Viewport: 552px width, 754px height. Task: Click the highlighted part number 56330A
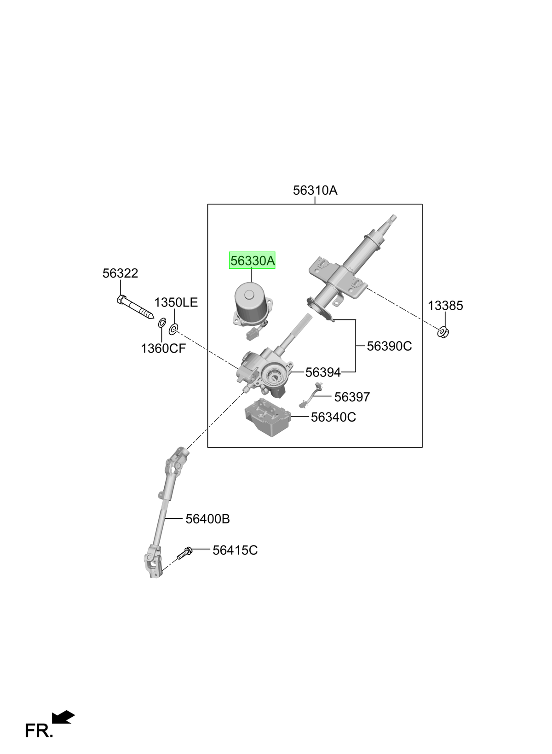pyautogui.click(x=252, y=261)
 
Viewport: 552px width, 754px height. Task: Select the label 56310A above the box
pyautogui.click(x=315, y=191)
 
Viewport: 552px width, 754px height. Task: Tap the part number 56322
pyautogui.click(x=120, y=273)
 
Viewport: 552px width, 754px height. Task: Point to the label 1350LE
pyautogui.click(x=176, y=302)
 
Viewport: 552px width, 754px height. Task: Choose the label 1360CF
pyautogui.click(x=163, y=348)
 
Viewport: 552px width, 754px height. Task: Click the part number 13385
pyautogui.click(x=445, y=306)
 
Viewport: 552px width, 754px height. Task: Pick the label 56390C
pyautogui.click(x=389, y=346)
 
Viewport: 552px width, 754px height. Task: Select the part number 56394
pyautogui.click(x=323, y=372)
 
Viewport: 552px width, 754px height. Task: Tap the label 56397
pyautogui.click(x=352, y=397)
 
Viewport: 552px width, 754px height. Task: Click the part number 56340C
pyautogui.click(x=333, y=418)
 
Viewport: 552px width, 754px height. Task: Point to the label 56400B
pyautogui.click(x=207, y=519)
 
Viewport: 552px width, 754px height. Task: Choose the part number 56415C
pyautogui.click(x=235, y=551)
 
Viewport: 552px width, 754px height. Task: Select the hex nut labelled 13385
pyautogui.click(x=443, y=332)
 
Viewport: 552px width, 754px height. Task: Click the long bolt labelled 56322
pyautogui.click(x=135, y=307)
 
